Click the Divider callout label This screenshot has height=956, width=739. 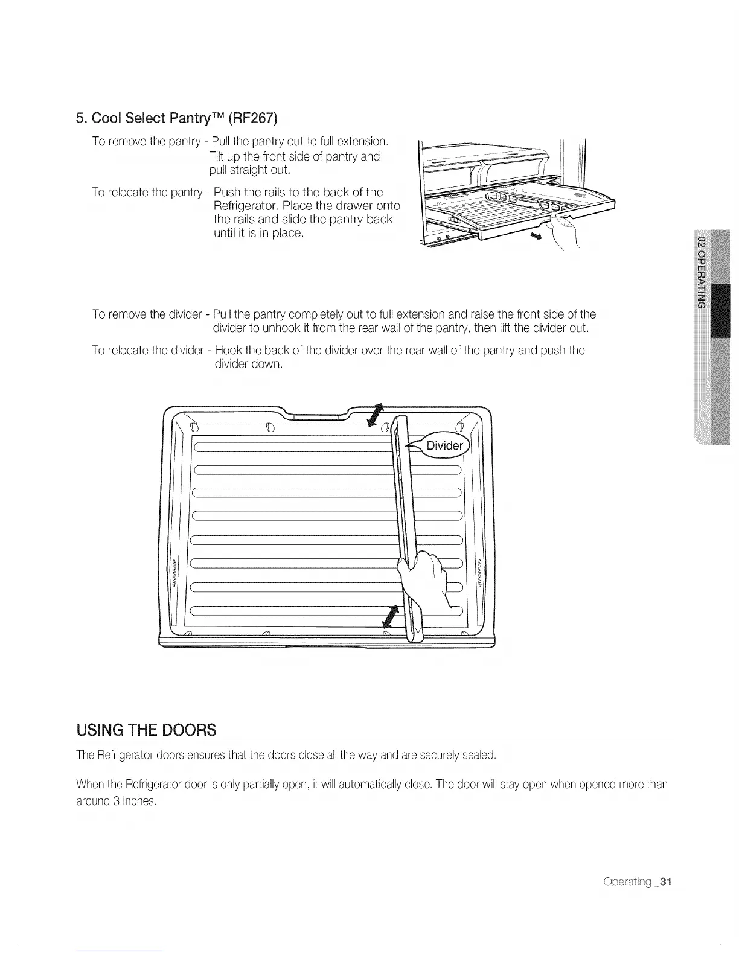(445, 446)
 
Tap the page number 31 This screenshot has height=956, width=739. (666, 882)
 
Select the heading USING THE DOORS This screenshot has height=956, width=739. (146, 730)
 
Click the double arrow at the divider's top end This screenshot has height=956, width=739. (375, 415)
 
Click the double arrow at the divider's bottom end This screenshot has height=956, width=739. (392, 617)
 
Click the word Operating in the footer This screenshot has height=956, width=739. (627, 882)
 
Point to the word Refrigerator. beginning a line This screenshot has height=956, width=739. (242, 206)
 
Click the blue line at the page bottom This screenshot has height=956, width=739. (120, 951)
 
